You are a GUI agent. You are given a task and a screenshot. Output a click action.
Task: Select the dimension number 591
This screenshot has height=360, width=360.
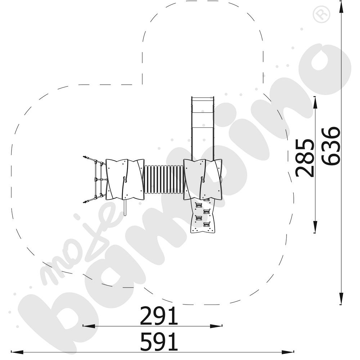[x=159, y=342]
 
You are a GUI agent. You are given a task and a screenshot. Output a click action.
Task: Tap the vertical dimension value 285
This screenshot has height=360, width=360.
[x=305, y=158]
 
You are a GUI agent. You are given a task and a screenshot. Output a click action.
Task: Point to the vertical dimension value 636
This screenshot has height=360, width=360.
[x=330, y=146]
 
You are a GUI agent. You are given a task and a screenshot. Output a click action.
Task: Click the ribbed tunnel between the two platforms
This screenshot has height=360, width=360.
[x=164, y=179]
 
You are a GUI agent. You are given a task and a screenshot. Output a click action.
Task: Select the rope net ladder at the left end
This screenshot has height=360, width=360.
[x=95, y=180]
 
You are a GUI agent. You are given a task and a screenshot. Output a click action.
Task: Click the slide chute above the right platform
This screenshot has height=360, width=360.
[x=203, y=129]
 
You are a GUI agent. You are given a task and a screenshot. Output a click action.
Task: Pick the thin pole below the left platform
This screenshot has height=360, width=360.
[x=125, y=208]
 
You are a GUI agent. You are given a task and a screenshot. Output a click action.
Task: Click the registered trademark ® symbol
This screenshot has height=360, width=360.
[x=321, y=14]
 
